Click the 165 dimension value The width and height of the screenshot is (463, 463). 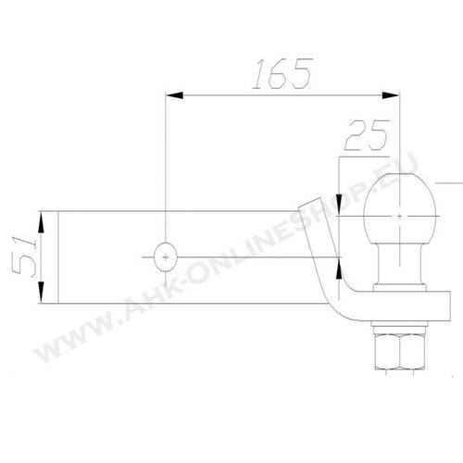pyautogui.click(x=282, y=73)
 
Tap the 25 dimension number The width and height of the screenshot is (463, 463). pyautogui.click(x=367, y=135)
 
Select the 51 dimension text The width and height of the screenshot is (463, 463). pyautogui.click(x=24, y=256)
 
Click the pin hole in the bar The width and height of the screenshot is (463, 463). pyautogui.click(x=166, y=257)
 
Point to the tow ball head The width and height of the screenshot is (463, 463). pyautogui.click(x=400, y=208)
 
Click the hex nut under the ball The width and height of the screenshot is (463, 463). pyautogui.click(x=400, y=352)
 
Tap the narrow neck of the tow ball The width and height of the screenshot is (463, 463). pyautogui.click(x=400, y=264)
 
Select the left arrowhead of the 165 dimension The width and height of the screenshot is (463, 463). pyautogui.click(x=174, y=95)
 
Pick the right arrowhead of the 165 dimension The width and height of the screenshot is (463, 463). pyautogui.click(x=391, y=95)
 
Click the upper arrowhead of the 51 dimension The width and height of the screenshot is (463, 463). pyautogui.click(x=41, y=222)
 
